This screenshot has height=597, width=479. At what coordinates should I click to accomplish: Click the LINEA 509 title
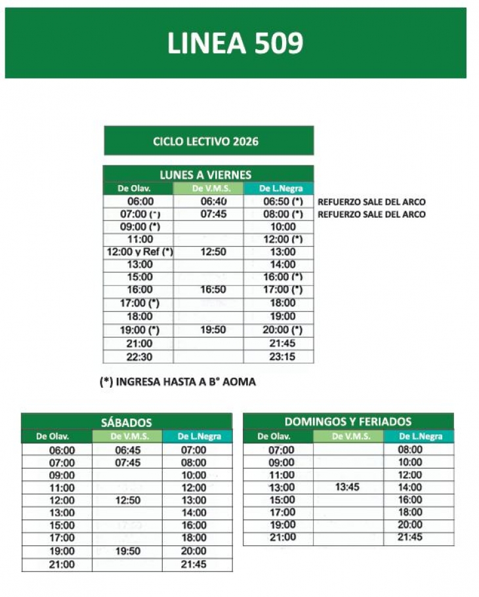point(236,43)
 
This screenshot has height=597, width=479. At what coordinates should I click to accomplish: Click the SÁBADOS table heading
point(127,422)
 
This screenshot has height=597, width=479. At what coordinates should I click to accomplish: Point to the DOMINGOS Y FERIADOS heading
point(348,421)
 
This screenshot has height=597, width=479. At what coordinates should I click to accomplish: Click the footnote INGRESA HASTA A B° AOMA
point(177,382)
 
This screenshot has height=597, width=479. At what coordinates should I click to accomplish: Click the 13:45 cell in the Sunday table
point(348,487)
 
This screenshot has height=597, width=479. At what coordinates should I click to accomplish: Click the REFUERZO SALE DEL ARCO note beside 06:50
point(371,202)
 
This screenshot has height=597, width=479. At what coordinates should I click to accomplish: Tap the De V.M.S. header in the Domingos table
point(348,436)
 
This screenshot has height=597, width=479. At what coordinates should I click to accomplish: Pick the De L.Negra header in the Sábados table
point(196,436)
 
